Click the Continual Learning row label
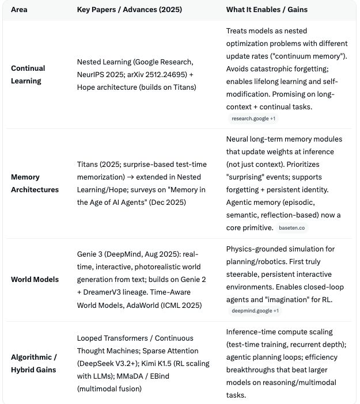pyautogui.click(x=28, y=74)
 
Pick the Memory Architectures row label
pyautogui.click(x=35, y=183)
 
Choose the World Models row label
pyautogui.click(x=35, y=279)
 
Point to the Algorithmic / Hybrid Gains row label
pyautogui.click(x=33, y=363)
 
